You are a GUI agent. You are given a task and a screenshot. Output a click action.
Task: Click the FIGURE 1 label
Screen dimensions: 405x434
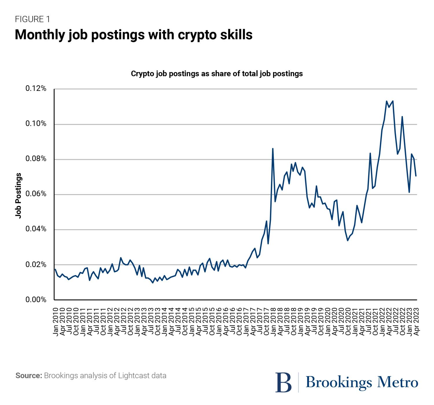click(x=32, y=19)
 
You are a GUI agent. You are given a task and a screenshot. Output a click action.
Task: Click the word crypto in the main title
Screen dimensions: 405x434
click(x=196, y=35)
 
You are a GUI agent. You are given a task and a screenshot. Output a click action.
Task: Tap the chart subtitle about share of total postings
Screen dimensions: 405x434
click(x=217, y=74)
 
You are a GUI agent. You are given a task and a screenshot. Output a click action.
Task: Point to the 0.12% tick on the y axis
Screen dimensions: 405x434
click(x=36, y=89)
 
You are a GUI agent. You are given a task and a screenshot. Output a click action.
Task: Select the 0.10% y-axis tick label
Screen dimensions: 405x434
click(x=36, y=124)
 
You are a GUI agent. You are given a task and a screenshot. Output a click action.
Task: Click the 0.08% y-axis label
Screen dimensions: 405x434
click(x=36, y=159)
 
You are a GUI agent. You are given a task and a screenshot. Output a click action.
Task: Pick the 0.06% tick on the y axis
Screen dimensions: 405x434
click(x=36, y=194)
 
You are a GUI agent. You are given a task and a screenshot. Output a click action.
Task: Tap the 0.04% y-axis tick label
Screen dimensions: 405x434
click(x=36, y=229)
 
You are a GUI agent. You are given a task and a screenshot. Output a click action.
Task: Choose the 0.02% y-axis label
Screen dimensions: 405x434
click(x=36, y=265)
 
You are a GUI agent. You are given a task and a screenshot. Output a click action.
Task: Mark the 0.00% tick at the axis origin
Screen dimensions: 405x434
click(x=36, y=300)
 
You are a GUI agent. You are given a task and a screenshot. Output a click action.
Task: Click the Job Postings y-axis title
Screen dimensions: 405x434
click(x=19, y=196)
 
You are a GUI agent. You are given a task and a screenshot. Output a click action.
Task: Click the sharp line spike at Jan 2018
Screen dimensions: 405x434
click(x=273, y=149)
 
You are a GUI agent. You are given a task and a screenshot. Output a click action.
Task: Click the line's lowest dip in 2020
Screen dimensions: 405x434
click(x=347, y=240)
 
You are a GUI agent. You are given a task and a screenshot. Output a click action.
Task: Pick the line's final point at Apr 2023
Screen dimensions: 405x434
click(x=416, y=176)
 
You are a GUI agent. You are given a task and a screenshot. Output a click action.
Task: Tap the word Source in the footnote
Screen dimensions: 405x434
click(x=28, y=376)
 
